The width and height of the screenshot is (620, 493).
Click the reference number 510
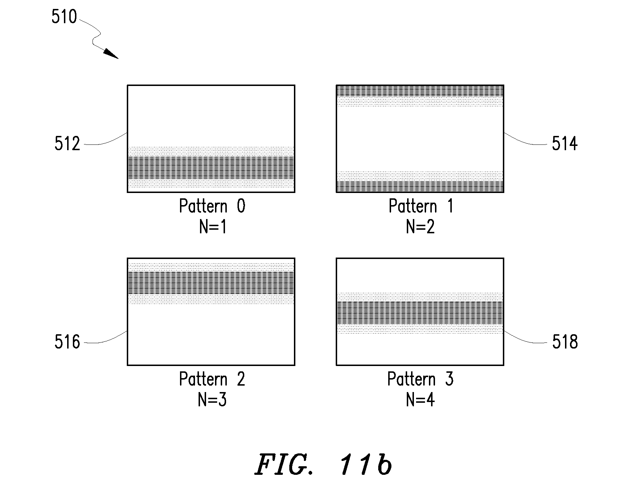pyautogui.click(x=64, y=17)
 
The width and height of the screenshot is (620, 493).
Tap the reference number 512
pyautogui.click(x=67, y=144)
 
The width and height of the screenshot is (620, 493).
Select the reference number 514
pyautogui.click(x=565, y=144)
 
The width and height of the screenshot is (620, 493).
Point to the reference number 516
pyautogui.click(x=67, y=342)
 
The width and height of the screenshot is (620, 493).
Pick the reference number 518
pyautogui.click(x=565, y=342)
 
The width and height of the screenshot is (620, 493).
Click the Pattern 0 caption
pyautogui.click(x=212, y=206)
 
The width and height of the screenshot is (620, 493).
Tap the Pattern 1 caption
pyautogui.click(x=421, y=206)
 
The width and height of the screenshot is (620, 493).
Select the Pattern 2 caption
pyautogui.click(x=212, y=379)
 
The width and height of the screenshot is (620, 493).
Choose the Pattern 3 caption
pyautogui.click(x=421, y=379)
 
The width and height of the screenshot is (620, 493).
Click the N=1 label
pyautogui.click(x=213, y=227)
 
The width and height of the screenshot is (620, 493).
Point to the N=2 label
pyautogui.click(x=421, y=227)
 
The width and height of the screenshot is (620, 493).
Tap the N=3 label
pyautogui.click(x=212, y=400)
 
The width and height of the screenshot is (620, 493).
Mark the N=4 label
pyautogui.click(x=421, y=400)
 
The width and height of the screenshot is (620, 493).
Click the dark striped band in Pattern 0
pyautogui.click(x=211, y=168)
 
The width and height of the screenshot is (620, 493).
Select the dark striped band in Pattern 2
pyautogui.click(x=211, y=283)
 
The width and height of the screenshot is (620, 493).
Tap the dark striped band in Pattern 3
pyautogui.click(x=420, y=312)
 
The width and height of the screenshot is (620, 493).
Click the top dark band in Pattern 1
pyautogui.click(x=420, y=91)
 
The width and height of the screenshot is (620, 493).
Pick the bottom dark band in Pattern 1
pyautogui.click(x=420, y=187)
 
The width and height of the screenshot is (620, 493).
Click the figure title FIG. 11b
pyautogui.click(x=324, y=465)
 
